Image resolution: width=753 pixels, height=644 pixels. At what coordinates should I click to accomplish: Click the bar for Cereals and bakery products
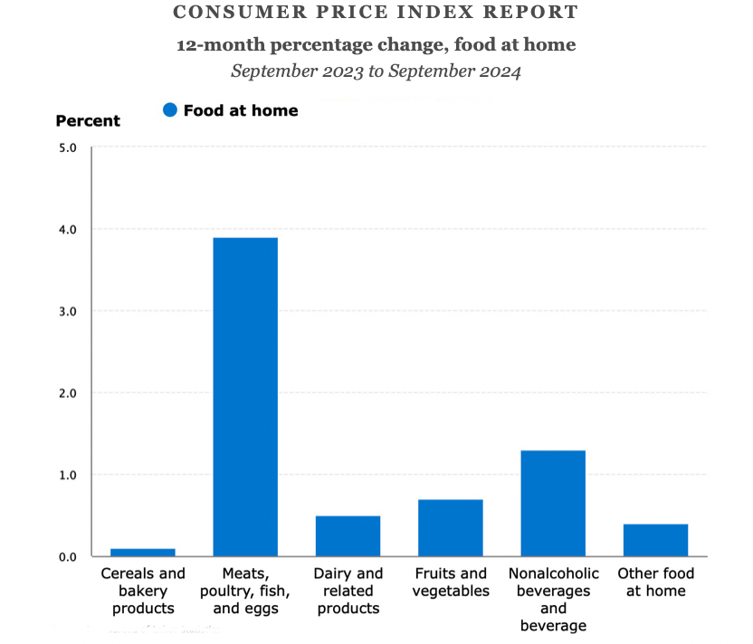pos(142,552)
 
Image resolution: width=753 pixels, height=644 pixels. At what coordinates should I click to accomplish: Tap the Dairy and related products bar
pos(348,535)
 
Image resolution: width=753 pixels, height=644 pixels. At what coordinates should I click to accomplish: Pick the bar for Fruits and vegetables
pos(450,527)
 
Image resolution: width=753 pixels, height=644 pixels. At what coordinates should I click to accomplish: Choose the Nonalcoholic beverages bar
pos(553,503)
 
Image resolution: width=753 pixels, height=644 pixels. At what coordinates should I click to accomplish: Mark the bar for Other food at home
pos(655,540)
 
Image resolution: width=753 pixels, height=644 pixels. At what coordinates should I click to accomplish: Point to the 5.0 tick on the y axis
pos(68,147)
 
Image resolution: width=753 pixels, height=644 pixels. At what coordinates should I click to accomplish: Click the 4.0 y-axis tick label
pos(68,229)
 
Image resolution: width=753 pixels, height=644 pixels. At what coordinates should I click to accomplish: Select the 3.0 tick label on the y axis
pos(68,310)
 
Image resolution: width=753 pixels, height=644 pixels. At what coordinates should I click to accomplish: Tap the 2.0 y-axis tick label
pos(68,393)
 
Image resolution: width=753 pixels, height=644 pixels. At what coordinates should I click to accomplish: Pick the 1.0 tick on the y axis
pos(68,474)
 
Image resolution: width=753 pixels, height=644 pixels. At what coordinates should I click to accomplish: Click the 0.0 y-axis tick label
pos(68,556)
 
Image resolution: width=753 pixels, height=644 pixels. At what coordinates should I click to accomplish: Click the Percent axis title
pos(88,120)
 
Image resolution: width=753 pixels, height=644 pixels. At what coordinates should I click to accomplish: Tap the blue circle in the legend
pos(169,110)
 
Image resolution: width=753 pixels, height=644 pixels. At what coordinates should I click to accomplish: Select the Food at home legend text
pos(240,110)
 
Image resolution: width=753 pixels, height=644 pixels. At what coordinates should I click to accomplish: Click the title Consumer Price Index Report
pos(375,13)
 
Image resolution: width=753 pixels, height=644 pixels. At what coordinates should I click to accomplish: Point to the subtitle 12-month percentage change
pos(375,44)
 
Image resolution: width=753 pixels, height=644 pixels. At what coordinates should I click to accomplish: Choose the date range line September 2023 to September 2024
pos(375,71)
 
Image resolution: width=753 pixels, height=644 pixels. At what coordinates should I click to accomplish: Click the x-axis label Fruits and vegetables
pos(450,582)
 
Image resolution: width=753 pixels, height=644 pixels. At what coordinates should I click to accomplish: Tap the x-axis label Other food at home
pos(655,582)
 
